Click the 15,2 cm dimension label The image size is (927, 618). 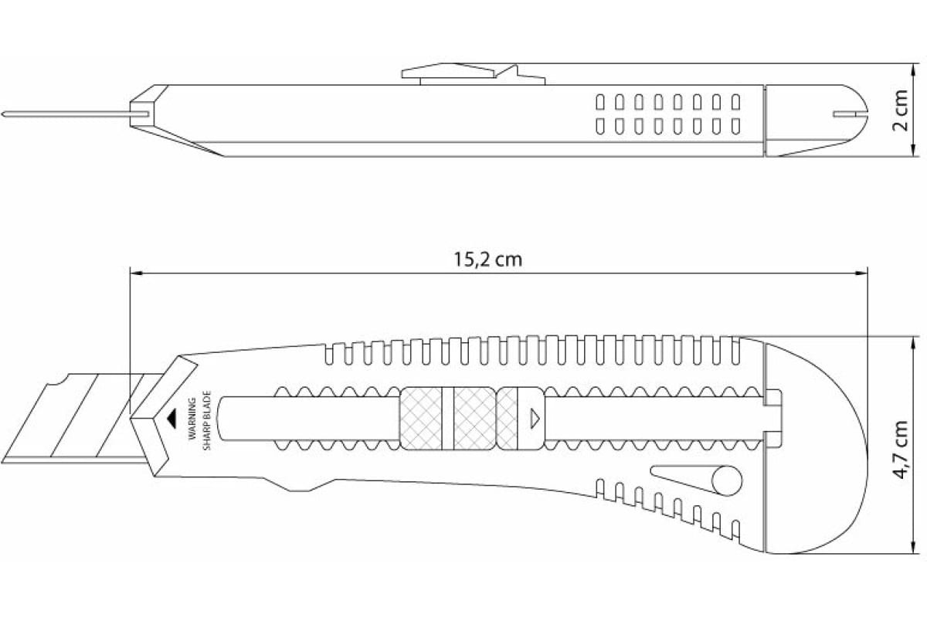(x=488, y=260)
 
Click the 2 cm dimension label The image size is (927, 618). (x=900, y=110)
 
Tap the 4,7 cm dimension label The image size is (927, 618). (x=901, y=450)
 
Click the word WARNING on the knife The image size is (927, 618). (x=192, y=419)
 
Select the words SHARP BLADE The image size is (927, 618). (x=207, y=420)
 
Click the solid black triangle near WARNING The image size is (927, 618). (x=171, y=419)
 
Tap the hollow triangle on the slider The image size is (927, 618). (x=535, y=419)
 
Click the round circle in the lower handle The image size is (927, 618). (x=727, y=480)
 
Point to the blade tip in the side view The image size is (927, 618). (x=2, y=114)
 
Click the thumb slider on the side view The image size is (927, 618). (x=473, y=73)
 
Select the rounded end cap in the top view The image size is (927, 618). (x=816, y=121)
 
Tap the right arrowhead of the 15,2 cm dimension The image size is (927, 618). (x=861, y=273)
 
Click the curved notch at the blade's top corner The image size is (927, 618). (x=56, y=380)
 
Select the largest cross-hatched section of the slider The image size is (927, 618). (x=420, y=419)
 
